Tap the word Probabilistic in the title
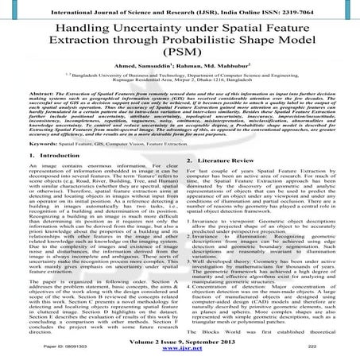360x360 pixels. click(x=214, y=45)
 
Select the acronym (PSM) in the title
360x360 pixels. click(x=180, y=63)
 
